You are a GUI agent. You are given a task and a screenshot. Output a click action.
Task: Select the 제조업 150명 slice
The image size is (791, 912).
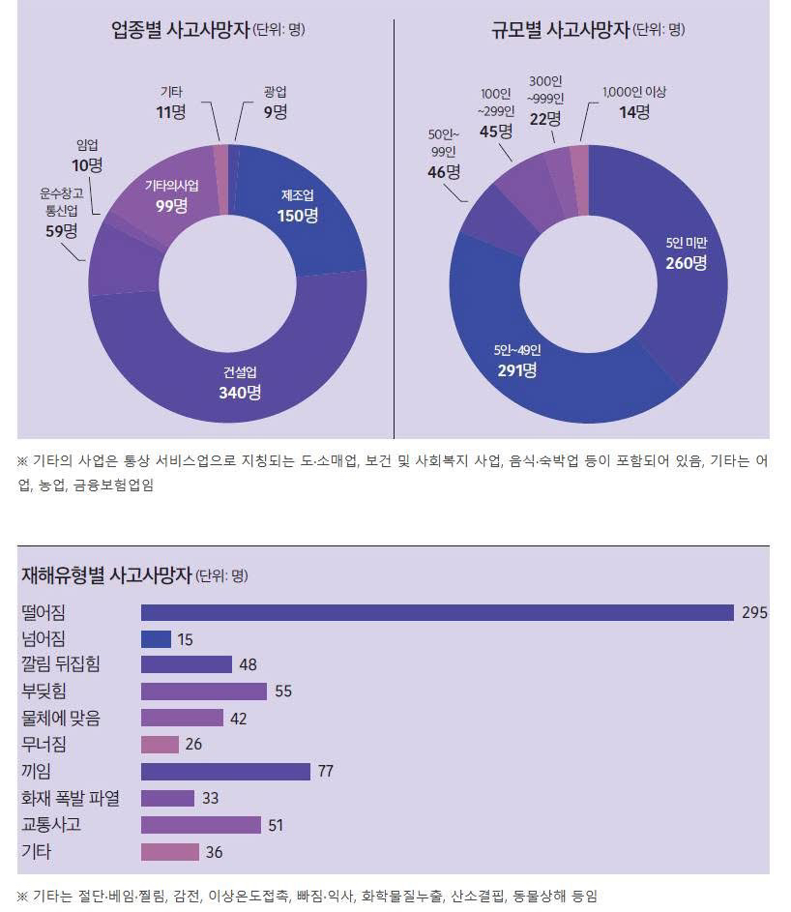[x=298, y=206]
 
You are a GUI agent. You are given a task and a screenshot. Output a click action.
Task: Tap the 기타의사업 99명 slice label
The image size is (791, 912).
[x=164, y=195]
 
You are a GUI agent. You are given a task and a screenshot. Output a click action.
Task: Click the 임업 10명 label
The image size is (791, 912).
[x=87, y=156]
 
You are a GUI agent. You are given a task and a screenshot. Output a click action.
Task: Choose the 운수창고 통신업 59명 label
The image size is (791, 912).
[x=61, y=212]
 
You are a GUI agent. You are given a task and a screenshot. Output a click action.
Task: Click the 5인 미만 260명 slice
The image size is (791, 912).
[x=685, y=252]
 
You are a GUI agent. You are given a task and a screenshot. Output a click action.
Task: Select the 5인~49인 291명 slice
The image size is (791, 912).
[x=514, y=360]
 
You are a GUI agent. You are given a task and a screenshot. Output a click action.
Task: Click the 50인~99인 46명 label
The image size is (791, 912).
[x=444, y=154]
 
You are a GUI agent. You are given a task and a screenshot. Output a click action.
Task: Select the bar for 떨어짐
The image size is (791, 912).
[x=437, y=612]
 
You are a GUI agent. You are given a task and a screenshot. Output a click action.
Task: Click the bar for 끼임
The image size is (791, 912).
[x=225, y=771]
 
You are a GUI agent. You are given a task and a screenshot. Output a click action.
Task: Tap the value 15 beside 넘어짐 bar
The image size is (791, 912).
[x=185, y=639]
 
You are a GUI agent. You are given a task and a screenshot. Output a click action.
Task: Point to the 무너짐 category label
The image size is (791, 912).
[x=44, y=744]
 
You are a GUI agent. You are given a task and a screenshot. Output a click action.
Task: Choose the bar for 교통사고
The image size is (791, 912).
[x=201, y=824]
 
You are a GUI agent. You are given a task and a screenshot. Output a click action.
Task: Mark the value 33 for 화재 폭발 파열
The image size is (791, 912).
[x=211, y=798]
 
